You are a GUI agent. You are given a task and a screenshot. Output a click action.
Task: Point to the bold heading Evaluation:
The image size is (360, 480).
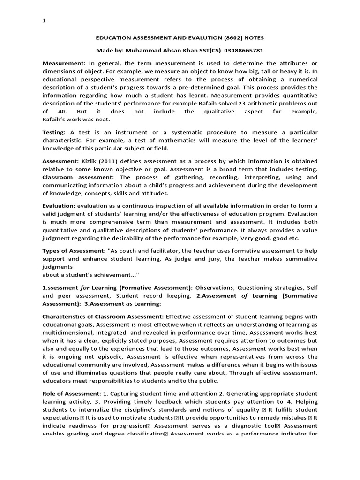coord(59,206)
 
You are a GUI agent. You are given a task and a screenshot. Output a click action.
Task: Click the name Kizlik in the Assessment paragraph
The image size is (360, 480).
coord(91,161)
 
